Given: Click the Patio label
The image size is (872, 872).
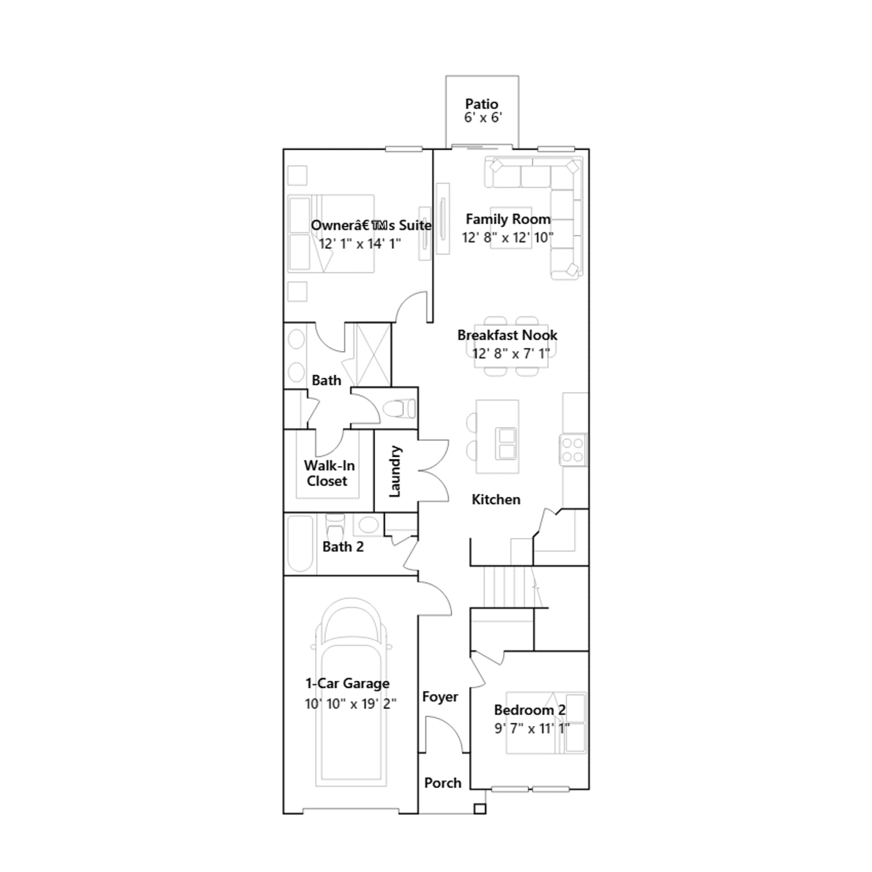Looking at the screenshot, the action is click(482, 104).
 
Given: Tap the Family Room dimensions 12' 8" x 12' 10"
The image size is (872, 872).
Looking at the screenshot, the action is click(507, 238).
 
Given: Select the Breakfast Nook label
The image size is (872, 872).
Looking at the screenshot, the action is click(507, 335).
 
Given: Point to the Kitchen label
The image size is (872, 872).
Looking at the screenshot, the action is click(496, 499).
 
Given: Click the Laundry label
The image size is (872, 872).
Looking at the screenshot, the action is click(395, 471).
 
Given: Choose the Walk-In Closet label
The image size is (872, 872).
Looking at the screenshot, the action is click(329, 473).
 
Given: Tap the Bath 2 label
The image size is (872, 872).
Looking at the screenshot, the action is click(343, 547).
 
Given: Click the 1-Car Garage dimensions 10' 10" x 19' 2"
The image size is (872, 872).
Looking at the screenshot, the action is click(350, 704).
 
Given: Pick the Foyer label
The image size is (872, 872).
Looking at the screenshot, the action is click(440, 697).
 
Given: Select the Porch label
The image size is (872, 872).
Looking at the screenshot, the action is click(443, 783).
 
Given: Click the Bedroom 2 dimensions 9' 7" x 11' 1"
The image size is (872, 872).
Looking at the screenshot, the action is click(532, 728).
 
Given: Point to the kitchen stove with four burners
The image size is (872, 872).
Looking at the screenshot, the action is click(573, 450).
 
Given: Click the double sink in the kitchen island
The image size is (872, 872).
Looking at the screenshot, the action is click(507, 444).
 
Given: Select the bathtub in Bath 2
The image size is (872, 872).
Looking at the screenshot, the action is click(300, 543).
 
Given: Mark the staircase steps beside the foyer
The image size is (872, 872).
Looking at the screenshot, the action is click(508, 586).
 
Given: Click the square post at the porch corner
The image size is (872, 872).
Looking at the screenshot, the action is click(480, 809).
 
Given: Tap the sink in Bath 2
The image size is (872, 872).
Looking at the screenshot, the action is click(368, 525).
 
